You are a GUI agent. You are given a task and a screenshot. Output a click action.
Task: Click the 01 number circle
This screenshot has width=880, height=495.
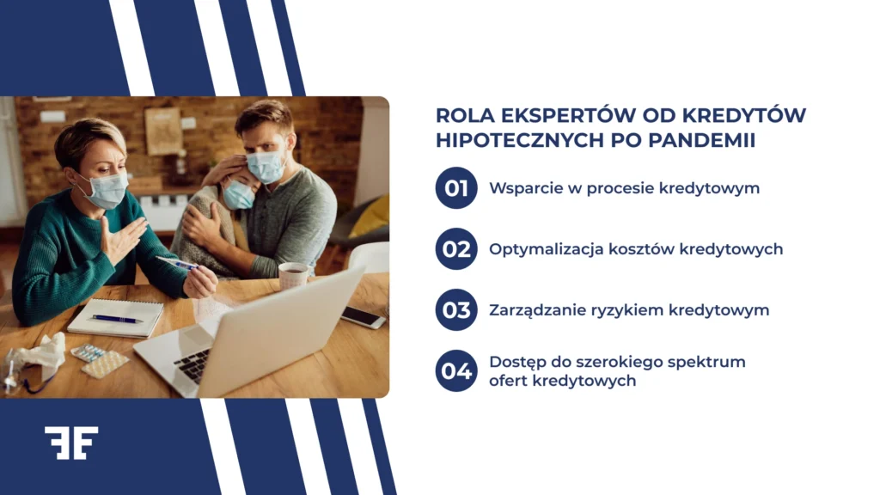coord(456,188)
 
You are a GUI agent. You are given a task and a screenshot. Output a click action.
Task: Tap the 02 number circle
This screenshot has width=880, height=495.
coord(456,249)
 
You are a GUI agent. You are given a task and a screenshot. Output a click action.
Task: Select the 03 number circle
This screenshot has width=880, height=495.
coord(456,310)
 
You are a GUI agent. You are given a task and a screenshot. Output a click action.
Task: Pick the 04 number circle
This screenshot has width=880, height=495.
coord(456,370)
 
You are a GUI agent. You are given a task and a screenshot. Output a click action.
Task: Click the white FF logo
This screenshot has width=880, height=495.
coord(71,443)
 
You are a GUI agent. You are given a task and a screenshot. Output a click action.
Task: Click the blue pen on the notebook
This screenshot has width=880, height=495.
coord(117,319)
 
